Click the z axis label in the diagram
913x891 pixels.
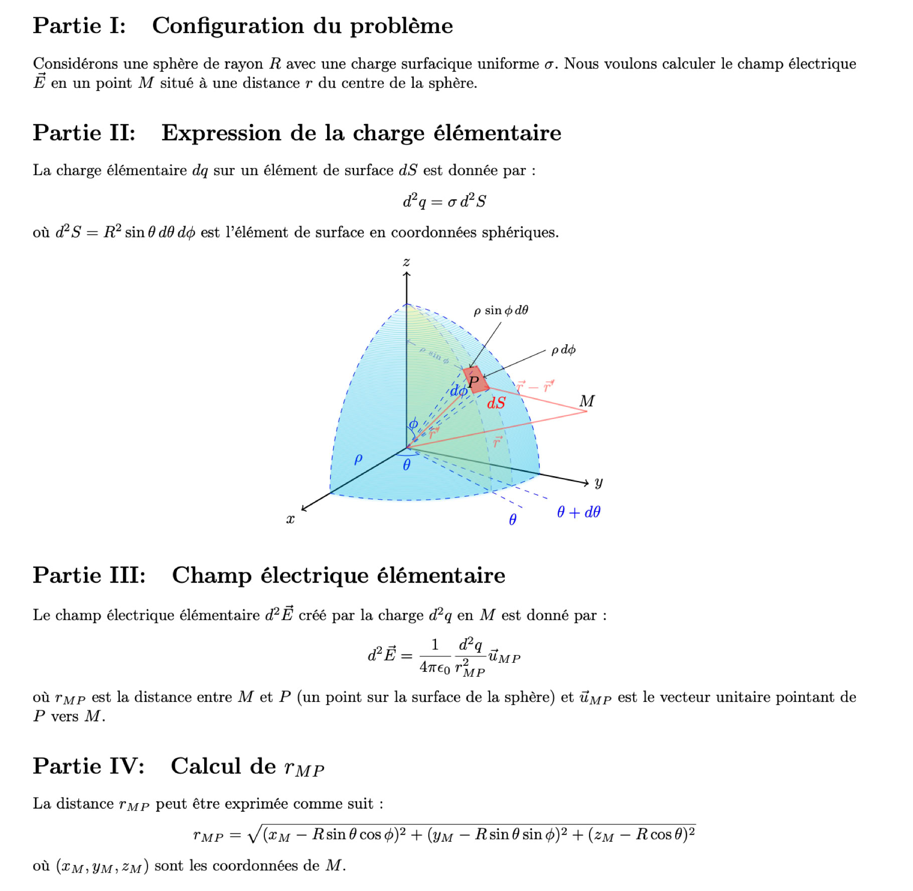pos(406,262)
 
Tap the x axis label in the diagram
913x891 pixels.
pos(290,519)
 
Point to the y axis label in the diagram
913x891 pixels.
pos(598,483)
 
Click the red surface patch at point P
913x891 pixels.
pos(476,380)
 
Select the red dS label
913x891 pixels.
pos(496,403)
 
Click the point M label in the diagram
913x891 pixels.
pos(587,401)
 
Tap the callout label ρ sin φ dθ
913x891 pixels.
pos(501,311)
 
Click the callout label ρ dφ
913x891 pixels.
pos(563,350)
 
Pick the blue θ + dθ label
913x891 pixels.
pos(578,512)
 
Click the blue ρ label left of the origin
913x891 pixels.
pos(358,459)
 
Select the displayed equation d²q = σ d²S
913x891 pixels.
pos(444,202)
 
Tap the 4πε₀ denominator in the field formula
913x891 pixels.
pos(434,668)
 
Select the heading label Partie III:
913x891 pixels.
pos(89,575)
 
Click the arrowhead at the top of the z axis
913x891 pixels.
pos(407,274)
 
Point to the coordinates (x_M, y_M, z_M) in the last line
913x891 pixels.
pos(102,866)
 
